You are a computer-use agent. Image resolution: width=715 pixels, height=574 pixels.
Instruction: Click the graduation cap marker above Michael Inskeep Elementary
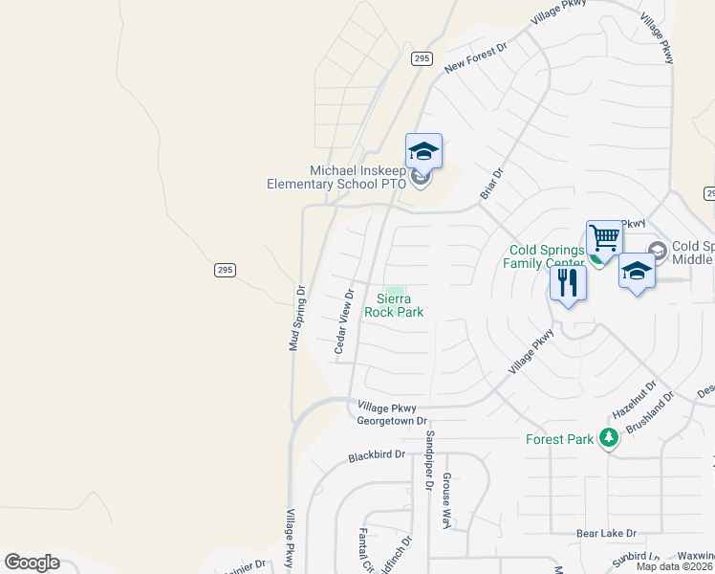pyautogui.click(x=423, y=151)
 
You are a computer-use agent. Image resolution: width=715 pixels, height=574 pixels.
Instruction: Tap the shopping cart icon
pyautogui.click(x=604, y=238)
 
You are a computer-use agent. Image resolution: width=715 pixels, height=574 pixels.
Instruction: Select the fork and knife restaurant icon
pyautogui.click(x=567, y=284)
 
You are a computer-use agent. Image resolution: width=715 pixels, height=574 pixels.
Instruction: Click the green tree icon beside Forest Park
pyautogui.click(x=607, y=439)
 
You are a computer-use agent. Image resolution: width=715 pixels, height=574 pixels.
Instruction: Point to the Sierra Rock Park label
pyautogui.click(x=394, y=305)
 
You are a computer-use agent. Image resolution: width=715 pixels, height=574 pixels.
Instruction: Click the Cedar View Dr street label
pyautogui.click(x=344, y=322)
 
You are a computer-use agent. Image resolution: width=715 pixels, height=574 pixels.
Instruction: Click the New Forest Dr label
pyautogui.click(x=475, y=57)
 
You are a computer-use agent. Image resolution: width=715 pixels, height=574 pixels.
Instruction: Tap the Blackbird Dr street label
pyautogui.click(x=377, y=456)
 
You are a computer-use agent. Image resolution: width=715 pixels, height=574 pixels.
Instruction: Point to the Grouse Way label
pyautogui.click(x=445, y=500)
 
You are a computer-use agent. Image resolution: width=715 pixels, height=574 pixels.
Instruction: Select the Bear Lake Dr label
pyautogui.click(x=606, y=533)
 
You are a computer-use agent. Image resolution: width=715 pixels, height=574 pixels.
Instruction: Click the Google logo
pyautogui.click(x=32, y=563)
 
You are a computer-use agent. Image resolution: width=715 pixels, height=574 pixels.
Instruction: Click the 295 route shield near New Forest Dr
pyautogui.click(x=422, y=58)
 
